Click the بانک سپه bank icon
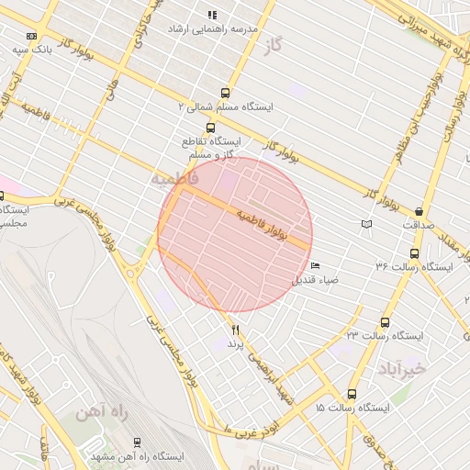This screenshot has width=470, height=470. (32, 36)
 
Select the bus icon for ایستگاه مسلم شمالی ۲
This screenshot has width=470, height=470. (225, 91)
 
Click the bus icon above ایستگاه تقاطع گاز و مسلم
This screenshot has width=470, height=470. (210, 128)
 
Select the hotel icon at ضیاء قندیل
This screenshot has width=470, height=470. (316, 266)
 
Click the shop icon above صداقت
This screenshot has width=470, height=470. (420, 210)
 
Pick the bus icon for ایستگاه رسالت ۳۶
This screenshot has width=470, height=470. (414, 253)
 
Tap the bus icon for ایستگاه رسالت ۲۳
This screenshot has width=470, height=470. (384, 322)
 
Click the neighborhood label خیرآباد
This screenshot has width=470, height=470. (402, 368)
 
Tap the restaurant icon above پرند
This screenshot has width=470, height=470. (236, 329)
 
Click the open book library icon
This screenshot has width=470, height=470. (367, 224)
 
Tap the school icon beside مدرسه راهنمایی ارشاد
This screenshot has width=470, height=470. (212, 15)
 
